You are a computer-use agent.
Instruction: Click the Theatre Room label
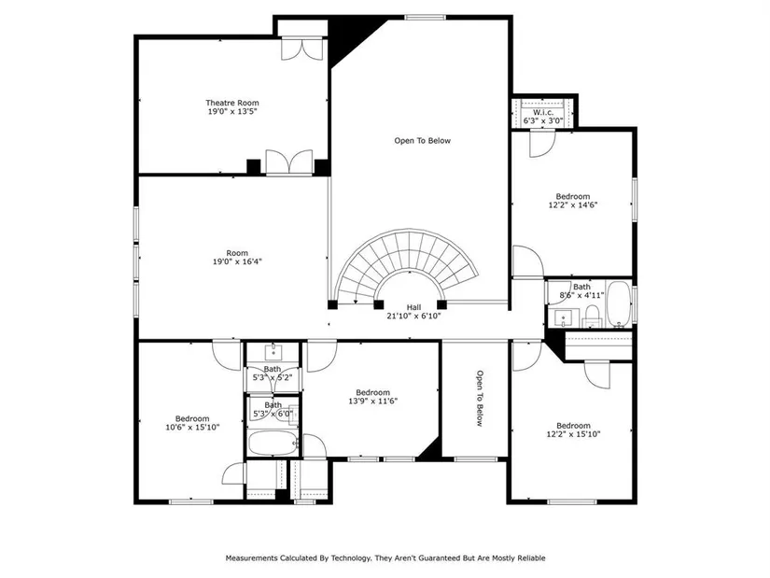coord(231,103)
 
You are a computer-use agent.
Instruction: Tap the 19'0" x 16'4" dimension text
coord(237,261)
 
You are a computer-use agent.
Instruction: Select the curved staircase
coord(407,265)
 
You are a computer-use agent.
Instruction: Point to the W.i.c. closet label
coord(542,112)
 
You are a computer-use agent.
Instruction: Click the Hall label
coord(413,307)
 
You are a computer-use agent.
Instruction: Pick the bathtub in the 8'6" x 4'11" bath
coord(619,303)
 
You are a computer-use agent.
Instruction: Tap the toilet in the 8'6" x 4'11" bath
coord(593,316)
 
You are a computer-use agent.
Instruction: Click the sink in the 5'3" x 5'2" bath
coord(273,352)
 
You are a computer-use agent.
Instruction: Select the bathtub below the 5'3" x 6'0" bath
coord(273,443)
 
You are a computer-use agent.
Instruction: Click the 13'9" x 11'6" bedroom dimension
coord(372,401)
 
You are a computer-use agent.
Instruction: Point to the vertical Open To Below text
coord(480,398)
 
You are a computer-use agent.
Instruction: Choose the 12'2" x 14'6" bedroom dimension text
coord(572,204)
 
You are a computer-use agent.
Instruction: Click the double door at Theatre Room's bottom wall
coord(289,162)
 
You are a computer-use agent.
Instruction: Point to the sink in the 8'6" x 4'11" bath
coord(563,318)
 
